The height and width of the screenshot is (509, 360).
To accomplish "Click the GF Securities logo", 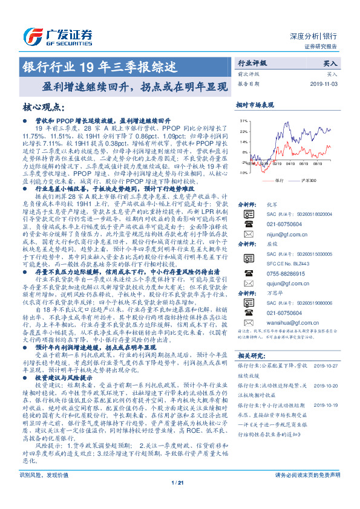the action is (58, 34).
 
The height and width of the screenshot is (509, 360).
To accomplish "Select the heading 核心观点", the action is (43, 108).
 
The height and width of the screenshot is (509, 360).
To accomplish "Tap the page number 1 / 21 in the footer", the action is (177, 499).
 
